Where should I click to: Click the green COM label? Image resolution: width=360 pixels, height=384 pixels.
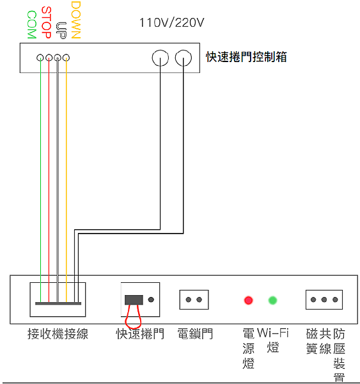(x=32, y=25)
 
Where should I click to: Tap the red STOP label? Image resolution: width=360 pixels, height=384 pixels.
(x=47, y=22)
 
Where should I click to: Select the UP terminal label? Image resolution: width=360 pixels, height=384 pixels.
(x=61, y=31)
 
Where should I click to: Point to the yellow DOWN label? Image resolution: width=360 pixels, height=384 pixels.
(x=76, y=20)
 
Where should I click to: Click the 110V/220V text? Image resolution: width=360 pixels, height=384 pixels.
(x=171, y=23)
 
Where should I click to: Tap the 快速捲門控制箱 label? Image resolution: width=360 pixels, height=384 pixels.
(x=246, y=57)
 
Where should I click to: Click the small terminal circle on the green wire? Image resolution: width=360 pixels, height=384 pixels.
(x=40, y=58)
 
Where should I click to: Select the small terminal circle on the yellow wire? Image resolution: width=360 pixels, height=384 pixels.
(x=66, y=58)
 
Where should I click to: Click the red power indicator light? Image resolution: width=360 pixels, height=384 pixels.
(x=248, y=300)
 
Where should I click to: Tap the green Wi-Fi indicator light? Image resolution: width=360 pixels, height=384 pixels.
(x=272, y=300)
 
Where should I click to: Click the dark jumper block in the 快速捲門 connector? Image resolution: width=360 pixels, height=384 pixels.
(x=134, y=300)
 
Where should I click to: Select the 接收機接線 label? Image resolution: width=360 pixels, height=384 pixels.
(x=58, y=334)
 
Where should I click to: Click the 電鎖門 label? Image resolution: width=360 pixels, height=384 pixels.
(x=195, y=334)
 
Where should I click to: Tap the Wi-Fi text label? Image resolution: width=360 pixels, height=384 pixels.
(x=273, y=333)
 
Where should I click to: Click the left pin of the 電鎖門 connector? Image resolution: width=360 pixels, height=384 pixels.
(x=189, y=300)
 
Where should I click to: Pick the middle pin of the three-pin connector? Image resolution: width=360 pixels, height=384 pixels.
(x=324, y=300)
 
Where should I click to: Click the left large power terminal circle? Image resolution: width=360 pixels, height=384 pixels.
(x=160, y=58)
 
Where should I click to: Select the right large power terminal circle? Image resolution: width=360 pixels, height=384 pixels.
(x=184, y=58)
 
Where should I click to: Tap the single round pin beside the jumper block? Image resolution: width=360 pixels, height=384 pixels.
(x=152, y=300)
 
